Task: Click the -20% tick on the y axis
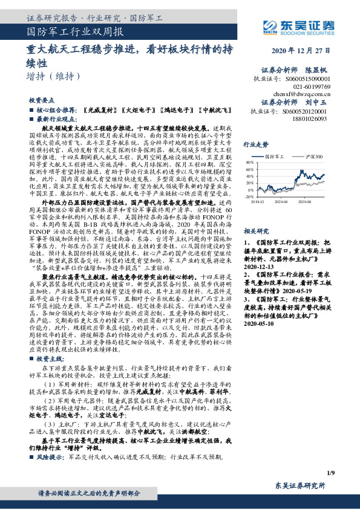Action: (x=249, y=196)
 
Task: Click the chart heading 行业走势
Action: (x=255, y=145)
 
